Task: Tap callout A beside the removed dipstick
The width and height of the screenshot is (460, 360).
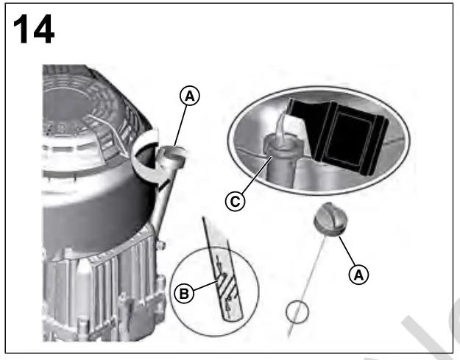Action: pos(358,274)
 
